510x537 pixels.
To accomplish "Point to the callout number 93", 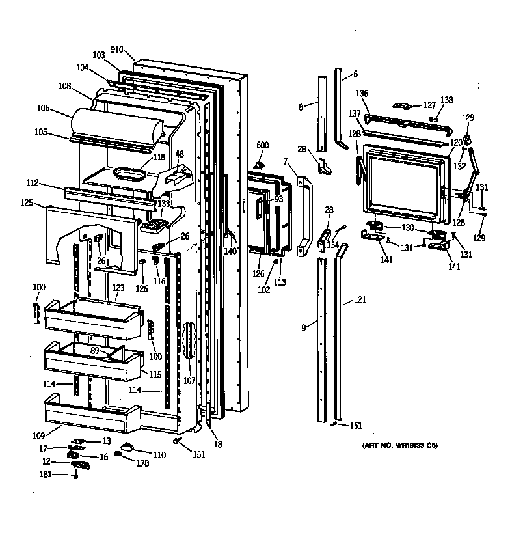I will coord(278,199).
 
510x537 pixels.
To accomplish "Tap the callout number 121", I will coord(360,300).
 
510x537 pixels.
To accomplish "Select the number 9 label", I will coord(303,328).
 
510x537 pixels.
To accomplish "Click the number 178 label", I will coord(142,463).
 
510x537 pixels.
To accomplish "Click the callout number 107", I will coord(189,380).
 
